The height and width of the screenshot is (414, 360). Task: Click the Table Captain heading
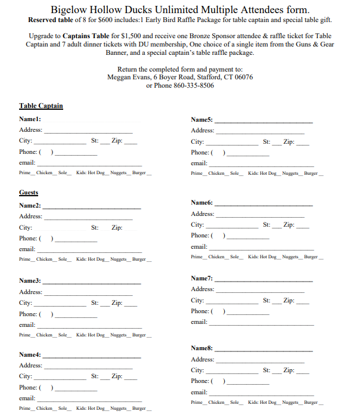click(41, 106)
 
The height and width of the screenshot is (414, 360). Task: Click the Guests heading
click(29, 193)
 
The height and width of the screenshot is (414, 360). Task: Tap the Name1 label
click(30, 119)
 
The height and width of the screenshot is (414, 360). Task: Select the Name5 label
click(202, 119)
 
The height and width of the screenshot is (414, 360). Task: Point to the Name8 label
click(202, 348)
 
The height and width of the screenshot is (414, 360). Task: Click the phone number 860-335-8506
click(194, 85)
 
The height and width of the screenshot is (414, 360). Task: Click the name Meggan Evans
click(128, 78)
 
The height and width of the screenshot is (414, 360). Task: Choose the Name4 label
click(30, 354)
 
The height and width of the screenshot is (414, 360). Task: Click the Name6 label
click(202, 203)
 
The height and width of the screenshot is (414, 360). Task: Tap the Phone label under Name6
click(200, 236)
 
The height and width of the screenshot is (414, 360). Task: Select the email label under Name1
click(27, 163)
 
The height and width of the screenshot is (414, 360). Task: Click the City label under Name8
click(197, 370)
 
